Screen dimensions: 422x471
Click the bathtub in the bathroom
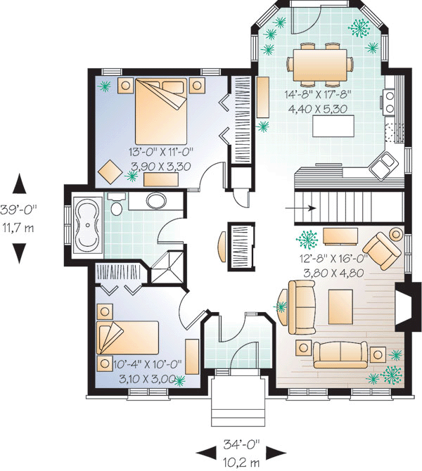click(x=87, y=224)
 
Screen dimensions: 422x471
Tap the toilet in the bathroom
click(x=116, y=204)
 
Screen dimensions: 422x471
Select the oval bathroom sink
click(x=155, y=200)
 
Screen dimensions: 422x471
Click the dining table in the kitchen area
click(x=320, y=65)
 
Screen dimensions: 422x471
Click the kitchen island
click(x=333, y=126)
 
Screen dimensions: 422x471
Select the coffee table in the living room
click(x=340, y=307)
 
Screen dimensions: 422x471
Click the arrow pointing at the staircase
click(x=300, y=208)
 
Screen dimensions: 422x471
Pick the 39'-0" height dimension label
click(x=18, y=209)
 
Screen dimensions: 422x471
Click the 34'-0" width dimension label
click(x=241, y=444)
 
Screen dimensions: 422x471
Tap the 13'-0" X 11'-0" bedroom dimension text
click(x=161, y=152)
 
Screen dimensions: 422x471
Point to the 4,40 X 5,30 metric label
click(x=317, y=109)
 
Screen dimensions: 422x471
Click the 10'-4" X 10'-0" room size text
click(x=148, y=364)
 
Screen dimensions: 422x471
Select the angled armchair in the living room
click(x=382, y=250)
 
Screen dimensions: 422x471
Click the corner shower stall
click(x=167, y=267)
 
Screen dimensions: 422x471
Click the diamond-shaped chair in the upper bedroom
click(x=110, y=172)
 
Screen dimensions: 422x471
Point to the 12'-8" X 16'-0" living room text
click(x=334, y=258)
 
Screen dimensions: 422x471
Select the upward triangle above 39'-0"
click(x=19, y=183)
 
